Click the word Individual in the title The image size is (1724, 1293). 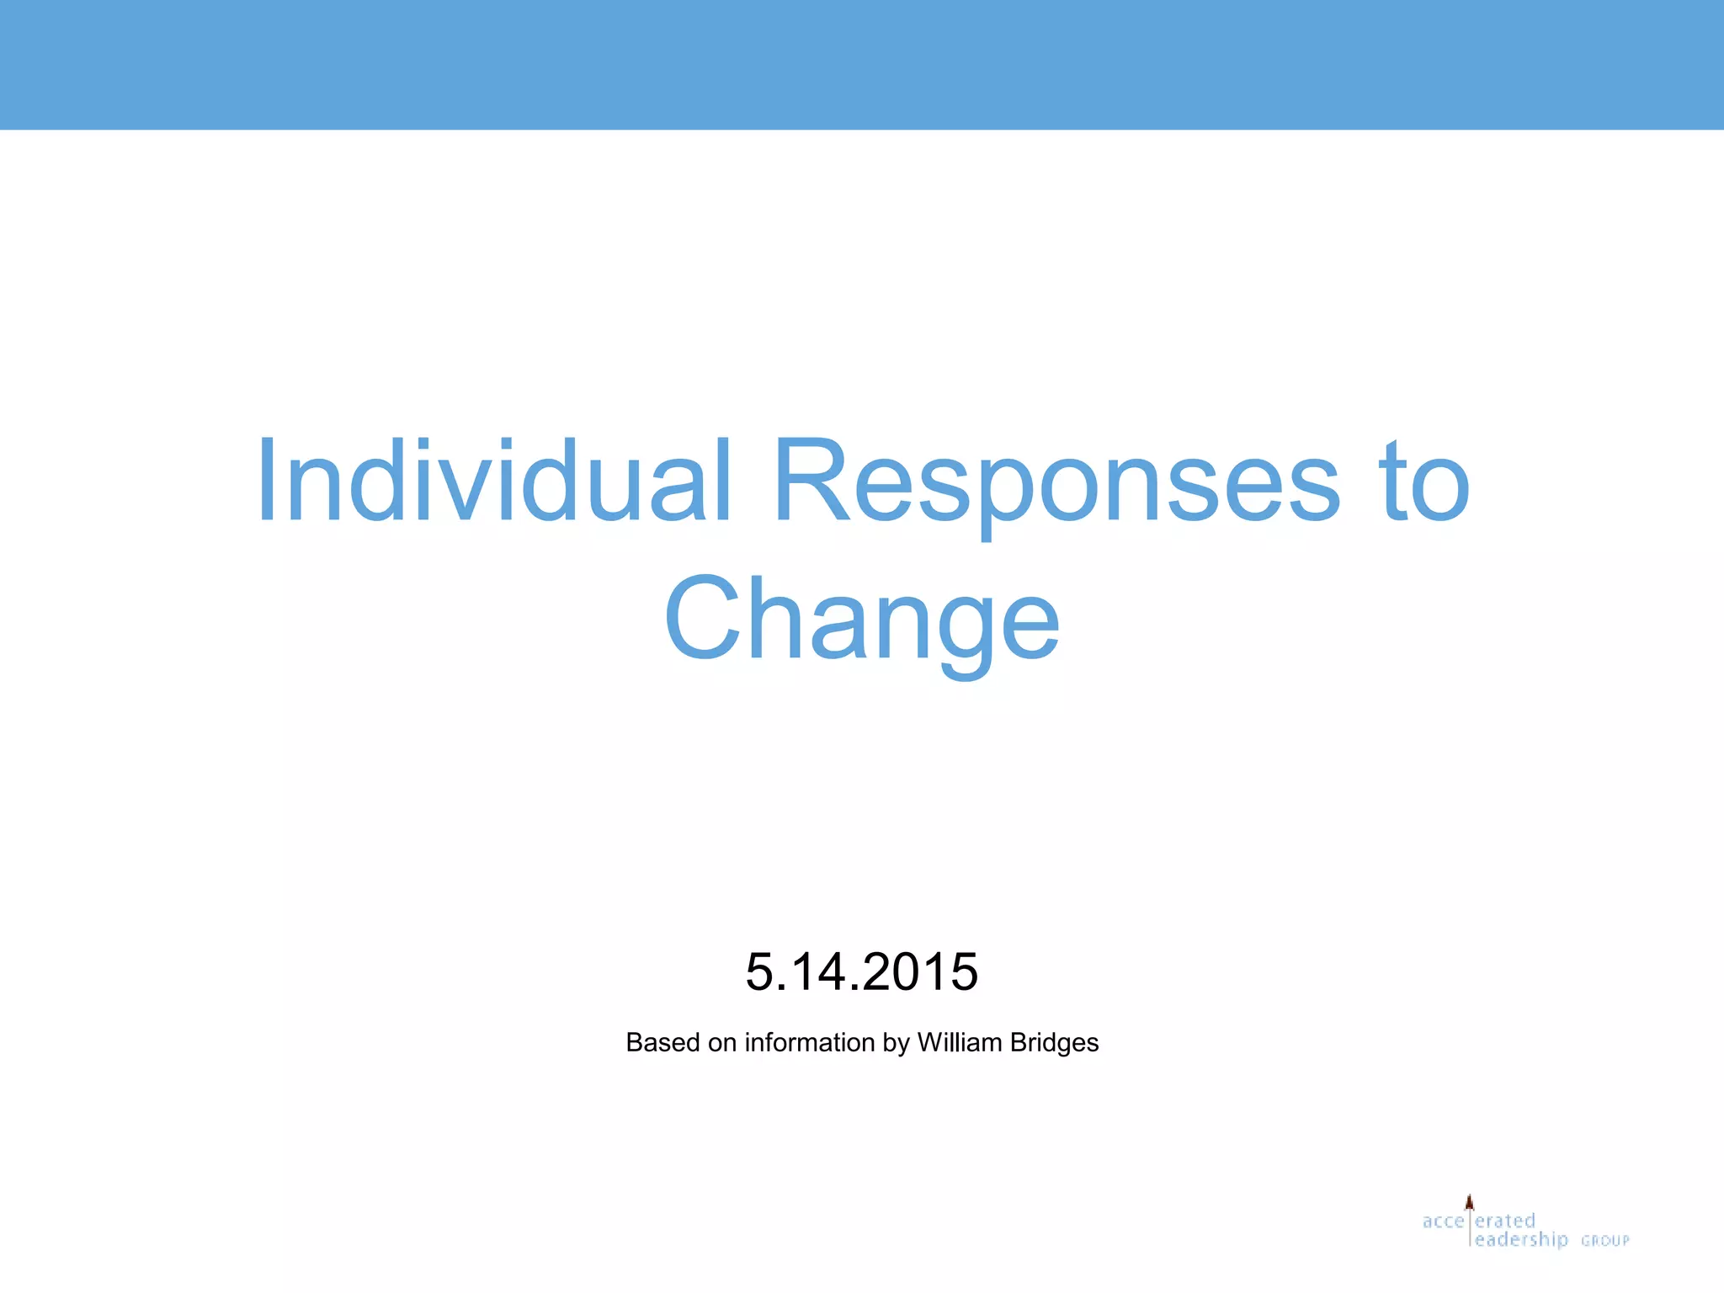click(493, 482)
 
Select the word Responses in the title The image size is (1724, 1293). click(1056, 482)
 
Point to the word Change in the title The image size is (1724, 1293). click(862, 620)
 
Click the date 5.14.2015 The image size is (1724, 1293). click(862, 971)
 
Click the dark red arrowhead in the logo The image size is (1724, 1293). click(1470, 1202)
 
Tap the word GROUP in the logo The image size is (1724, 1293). click(1604, 1241)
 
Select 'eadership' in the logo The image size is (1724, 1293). click(1522, 1240)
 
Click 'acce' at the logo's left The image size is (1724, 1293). click(1443, 1221)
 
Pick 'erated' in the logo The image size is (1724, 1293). click(1506, 1221)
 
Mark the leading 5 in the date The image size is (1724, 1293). click(759, 971)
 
